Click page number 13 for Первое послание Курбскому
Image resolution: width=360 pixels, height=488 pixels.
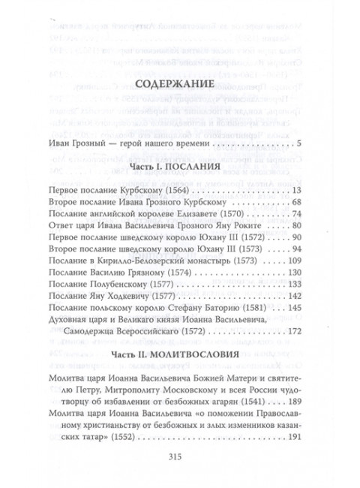coord(295,191)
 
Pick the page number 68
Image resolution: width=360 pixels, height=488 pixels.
coord(295,203)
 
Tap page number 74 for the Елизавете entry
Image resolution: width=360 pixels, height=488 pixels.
coord(295,215)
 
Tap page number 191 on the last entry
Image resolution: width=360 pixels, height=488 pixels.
coord(292,436)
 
